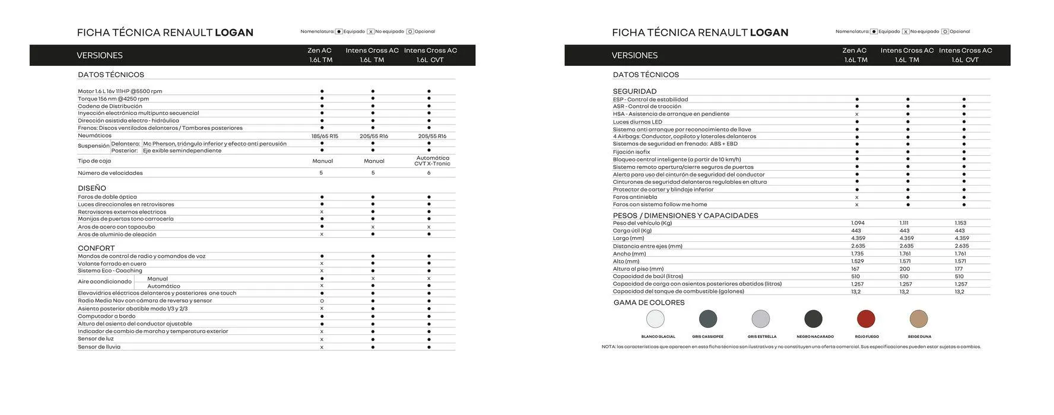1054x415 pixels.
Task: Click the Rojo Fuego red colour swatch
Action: [866, 319]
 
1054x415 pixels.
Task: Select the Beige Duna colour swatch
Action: [918, 319]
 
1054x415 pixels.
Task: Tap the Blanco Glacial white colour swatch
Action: [655, 319]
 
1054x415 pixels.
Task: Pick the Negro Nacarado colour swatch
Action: [813, 319]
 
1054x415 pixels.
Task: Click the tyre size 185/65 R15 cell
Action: [325, 136]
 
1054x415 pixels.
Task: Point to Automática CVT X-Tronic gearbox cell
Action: [432, 161]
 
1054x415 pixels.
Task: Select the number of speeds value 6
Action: [428, 173]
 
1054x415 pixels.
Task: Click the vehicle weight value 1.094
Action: [858, 224]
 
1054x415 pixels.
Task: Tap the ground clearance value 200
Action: [904, 269]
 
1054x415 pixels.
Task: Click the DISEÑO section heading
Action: [92, 189]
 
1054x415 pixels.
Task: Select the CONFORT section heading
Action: [96, 248]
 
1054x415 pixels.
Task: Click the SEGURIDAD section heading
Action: [634, 91]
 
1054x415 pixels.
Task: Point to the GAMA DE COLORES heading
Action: [649, 303]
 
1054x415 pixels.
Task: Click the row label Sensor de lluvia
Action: [99, 347]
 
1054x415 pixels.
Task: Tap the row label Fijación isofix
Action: [631, 152]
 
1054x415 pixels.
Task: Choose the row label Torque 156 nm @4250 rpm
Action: [113, 99]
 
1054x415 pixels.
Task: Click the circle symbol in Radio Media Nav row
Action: [322, 301]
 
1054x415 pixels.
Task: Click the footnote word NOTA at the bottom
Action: [608, 347]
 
